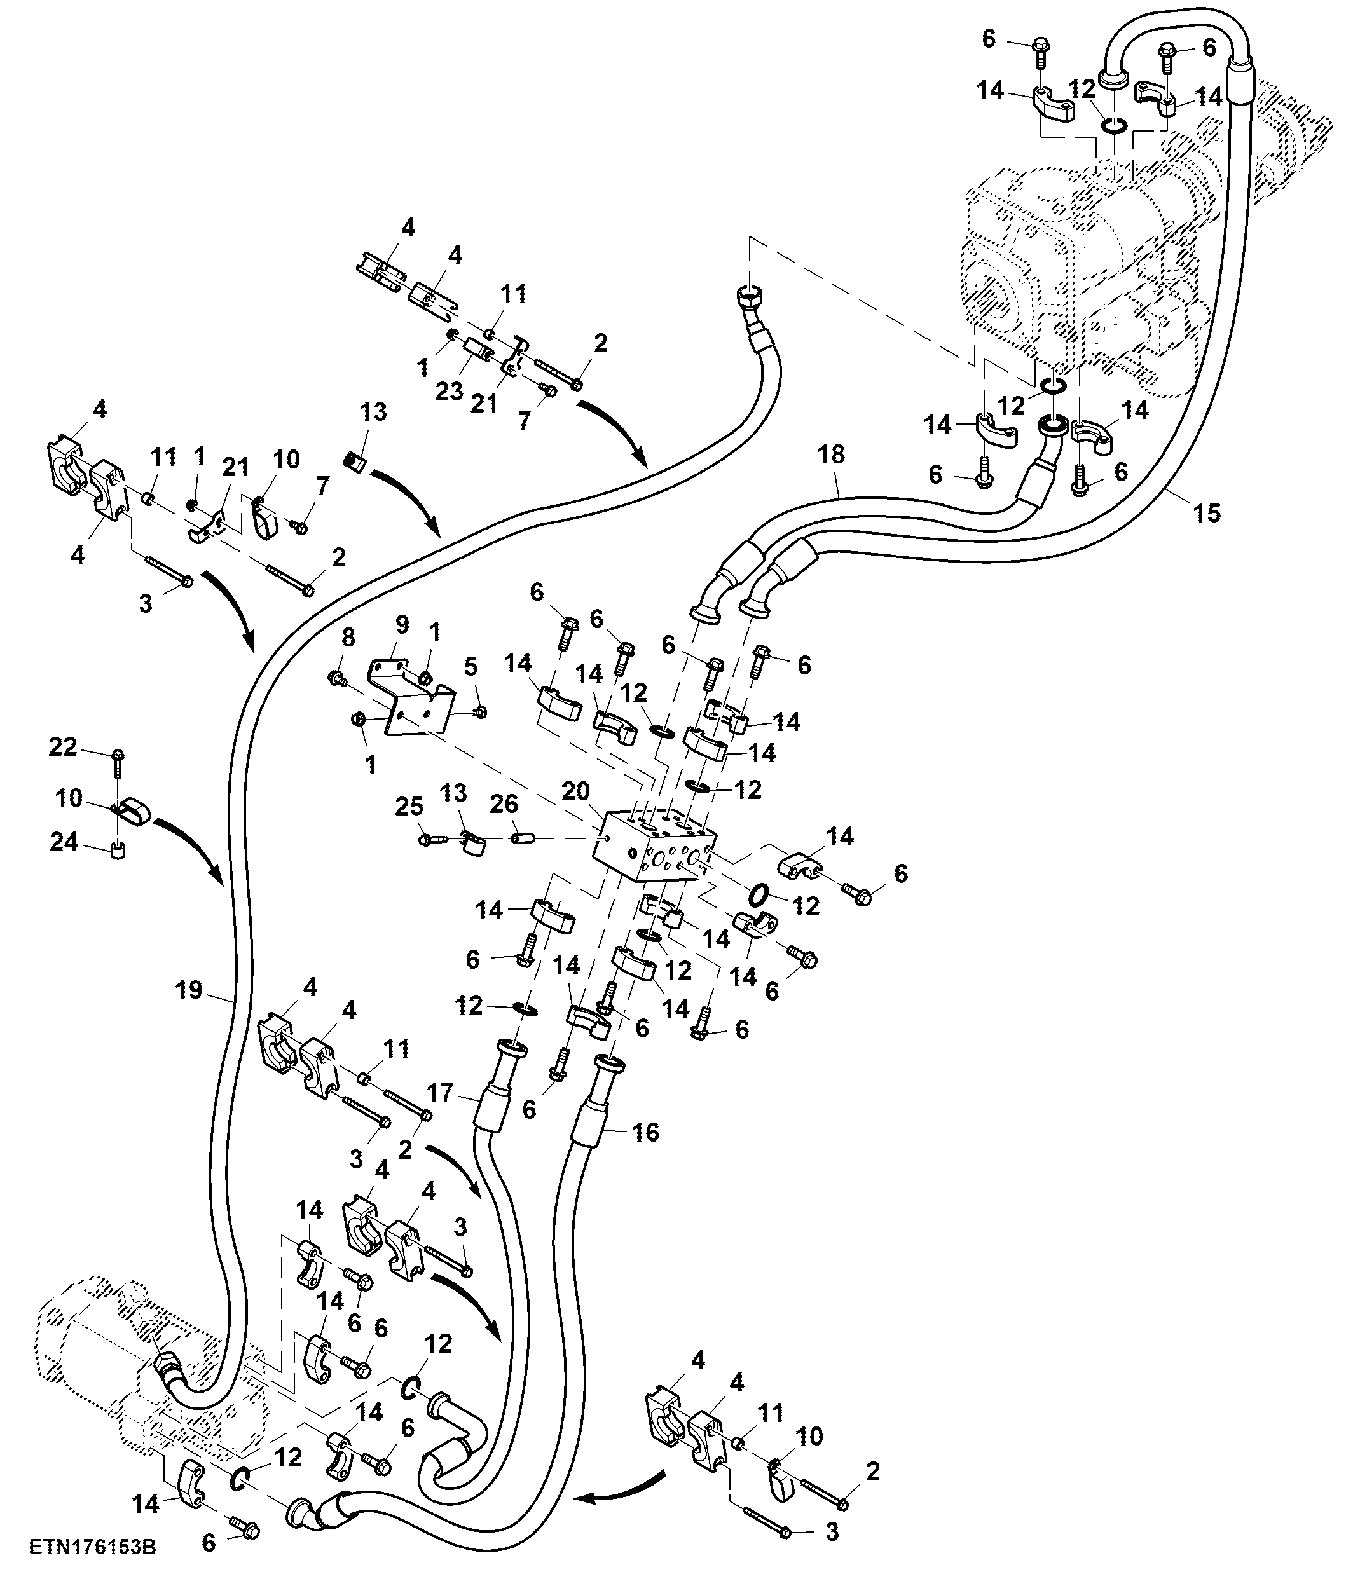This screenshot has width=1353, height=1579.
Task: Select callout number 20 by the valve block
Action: (575, 792)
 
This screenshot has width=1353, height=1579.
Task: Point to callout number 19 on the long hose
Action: (189, 990)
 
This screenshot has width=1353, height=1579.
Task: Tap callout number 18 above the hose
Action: (831, 455)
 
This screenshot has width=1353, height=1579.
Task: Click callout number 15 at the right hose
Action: (1207, 513)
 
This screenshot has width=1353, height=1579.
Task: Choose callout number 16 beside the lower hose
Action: (645, 1132)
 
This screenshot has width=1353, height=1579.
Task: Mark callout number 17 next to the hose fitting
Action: (440, 1093)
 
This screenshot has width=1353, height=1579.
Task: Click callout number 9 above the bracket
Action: (402, 624)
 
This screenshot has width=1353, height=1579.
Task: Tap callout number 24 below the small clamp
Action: (64, 842)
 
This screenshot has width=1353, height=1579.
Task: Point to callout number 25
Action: (409, 806)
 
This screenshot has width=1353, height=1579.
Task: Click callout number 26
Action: (504, 803)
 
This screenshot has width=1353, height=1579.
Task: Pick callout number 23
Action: (449, 391)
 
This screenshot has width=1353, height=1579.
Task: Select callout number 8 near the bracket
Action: (348, 638)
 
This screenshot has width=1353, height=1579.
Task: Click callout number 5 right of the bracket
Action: (470, 666)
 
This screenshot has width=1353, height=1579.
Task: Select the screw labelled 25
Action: (436, 840)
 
